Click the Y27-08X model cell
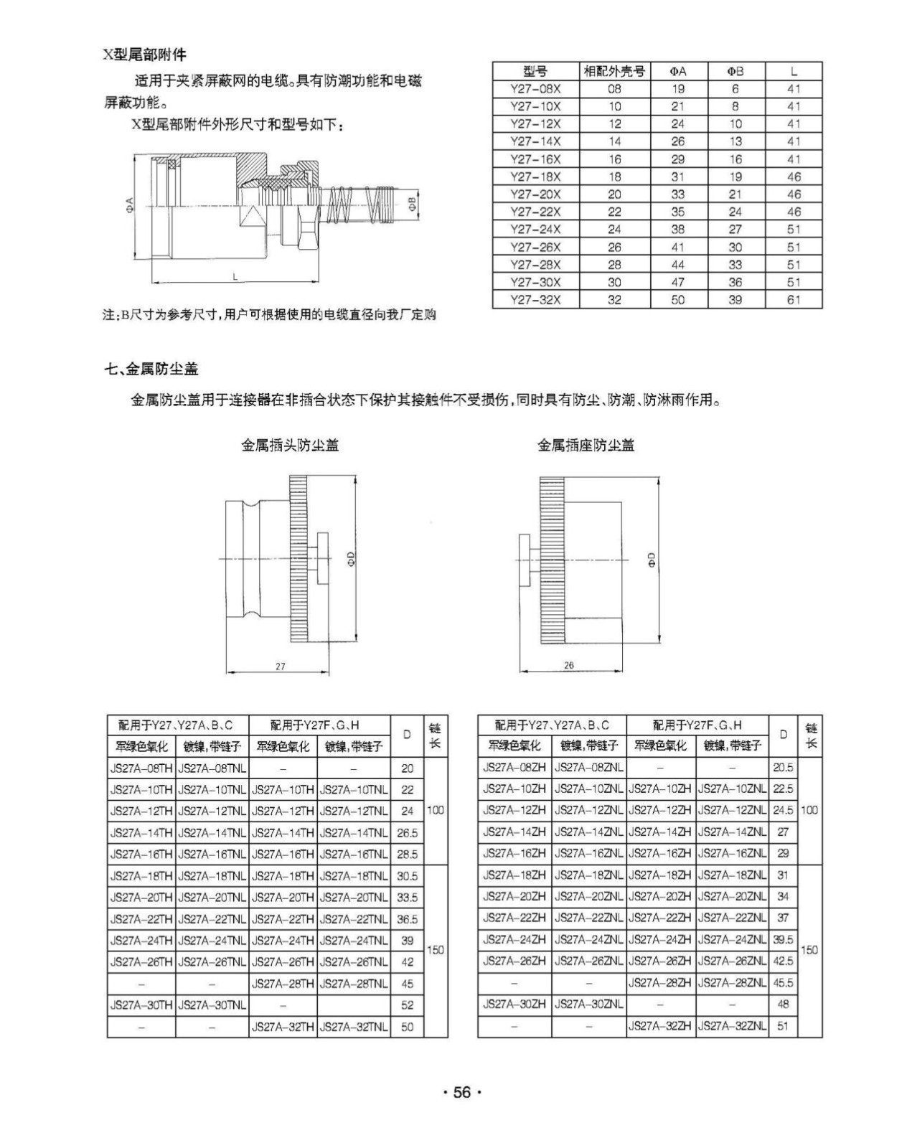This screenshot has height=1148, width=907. (535, 89)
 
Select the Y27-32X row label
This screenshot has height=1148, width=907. (535, 300)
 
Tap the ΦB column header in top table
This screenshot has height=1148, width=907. (736, 71)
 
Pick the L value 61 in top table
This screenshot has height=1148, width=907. (793, 300)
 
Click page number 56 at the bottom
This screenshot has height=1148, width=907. (461, 1093)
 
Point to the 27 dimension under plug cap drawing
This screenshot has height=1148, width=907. (280, 667)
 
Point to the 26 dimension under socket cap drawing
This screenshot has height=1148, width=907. (568, 666)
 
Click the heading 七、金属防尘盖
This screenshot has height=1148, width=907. (151, 370)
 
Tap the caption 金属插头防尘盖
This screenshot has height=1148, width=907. (289, 446)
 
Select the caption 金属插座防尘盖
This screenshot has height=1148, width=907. (586, 446)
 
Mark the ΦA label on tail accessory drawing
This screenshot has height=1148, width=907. (129, 207)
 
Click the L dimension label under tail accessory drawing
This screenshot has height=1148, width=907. (235, 277)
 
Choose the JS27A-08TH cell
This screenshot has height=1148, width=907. (141, 768)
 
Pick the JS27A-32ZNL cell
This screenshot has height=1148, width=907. (731, 1026)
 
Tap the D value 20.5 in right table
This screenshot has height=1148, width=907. (783, 768)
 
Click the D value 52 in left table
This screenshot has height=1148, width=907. (407, 1005)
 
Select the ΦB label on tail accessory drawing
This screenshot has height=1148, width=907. (411, 204)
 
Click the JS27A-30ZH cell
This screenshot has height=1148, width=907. (514, 1004)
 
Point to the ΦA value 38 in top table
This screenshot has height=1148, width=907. (677, 230)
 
